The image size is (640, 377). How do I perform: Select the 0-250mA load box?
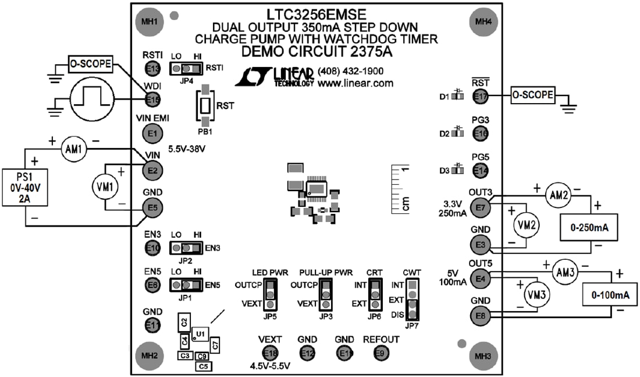(588, 228)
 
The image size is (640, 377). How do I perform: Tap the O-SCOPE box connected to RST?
(532, 94)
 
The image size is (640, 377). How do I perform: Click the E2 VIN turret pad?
(153, 170)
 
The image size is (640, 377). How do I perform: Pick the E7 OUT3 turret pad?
(480, 207)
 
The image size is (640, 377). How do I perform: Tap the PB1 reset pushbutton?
(206, 107)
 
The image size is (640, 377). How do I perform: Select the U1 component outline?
(200, 334)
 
